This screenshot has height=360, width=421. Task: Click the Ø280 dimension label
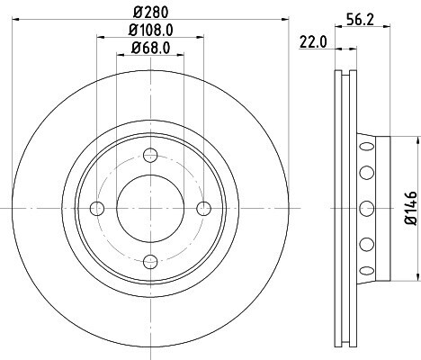[x=151, y=12]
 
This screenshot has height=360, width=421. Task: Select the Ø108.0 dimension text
[x=151, y=30]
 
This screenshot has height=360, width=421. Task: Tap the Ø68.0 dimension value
[x=150, y=48]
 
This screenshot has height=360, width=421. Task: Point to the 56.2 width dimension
[x=360, y=20]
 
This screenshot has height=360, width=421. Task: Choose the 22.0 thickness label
[x=313, y=42]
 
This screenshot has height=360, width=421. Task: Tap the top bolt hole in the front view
[x=150, y=156]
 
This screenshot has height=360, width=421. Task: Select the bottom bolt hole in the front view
[x=150, y=262]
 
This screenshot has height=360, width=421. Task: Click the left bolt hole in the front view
[x=97, y=209]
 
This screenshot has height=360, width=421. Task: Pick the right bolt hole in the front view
[x=204, y=209]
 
